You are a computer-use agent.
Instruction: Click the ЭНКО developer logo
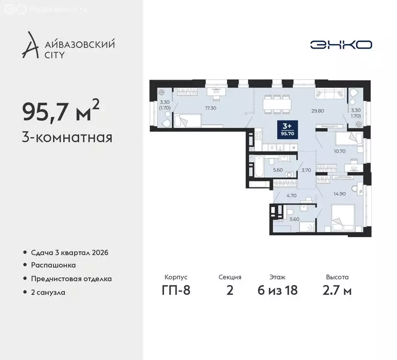click(341, 45)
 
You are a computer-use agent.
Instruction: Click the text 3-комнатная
click(67, 138)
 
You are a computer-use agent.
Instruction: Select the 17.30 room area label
click(210, 107)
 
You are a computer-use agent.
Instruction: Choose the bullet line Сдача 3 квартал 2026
click(69, 253)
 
